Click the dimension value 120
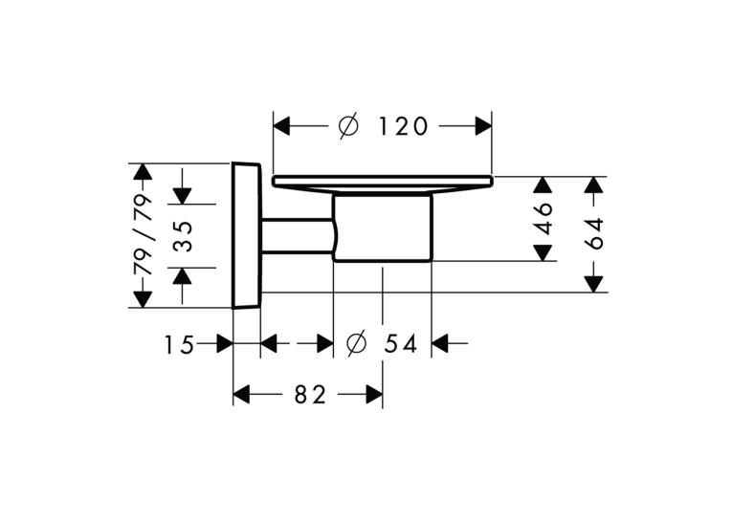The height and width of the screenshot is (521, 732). tap(403, 126)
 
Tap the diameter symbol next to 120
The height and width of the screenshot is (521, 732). tap(348, 126)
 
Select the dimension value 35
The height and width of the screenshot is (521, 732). tap(184, 236)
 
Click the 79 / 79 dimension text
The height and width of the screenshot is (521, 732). tap(143, 235)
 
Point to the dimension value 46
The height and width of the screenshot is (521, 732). tap(543, 218)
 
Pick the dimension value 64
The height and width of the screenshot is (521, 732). tap(594, 233)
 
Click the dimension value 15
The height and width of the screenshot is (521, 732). tap(179, 345)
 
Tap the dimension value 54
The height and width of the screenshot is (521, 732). tap(401, 344)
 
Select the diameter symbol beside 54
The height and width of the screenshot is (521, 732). tap(357, 344)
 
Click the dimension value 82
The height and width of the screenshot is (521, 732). tap(310, 395)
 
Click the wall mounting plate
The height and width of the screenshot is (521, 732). tap(246, 235)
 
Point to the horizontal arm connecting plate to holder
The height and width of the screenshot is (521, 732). tap(298, 236)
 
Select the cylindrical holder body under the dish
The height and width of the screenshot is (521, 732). tap(383, 228)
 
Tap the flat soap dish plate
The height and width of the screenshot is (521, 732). tap(383, 182)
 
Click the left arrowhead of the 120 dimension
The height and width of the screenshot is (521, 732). tap(282, 126)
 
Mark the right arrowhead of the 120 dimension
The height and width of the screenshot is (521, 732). tap(483, 126)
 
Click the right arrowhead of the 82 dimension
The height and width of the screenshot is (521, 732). tap(374, 395)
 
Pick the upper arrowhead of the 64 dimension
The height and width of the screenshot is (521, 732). tap(594, 185)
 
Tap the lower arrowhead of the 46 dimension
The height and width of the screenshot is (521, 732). tap(543, 252)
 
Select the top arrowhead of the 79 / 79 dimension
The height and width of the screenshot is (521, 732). tap(143, 172)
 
